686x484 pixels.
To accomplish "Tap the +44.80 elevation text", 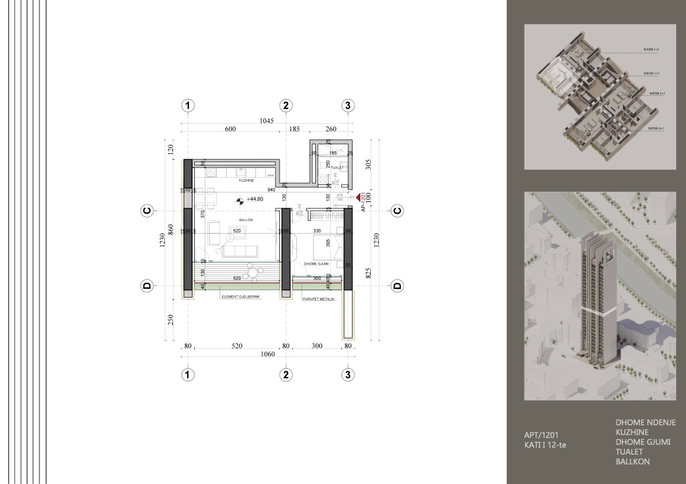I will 255,200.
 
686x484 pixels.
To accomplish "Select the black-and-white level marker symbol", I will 239,201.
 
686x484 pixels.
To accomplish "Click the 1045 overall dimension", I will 266,121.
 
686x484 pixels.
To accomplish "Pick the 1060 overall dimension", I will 266,355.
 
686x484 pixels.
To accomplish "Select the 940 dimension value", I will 270,189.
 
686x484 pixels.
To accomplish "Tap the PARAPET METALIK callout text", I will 318,298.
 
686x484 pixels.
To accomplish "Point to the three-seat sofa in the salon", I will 240,251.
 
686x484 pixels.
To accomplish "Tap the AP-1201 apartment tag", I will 363,202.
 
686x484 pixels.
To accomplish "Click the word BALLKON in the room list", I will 632,462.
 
